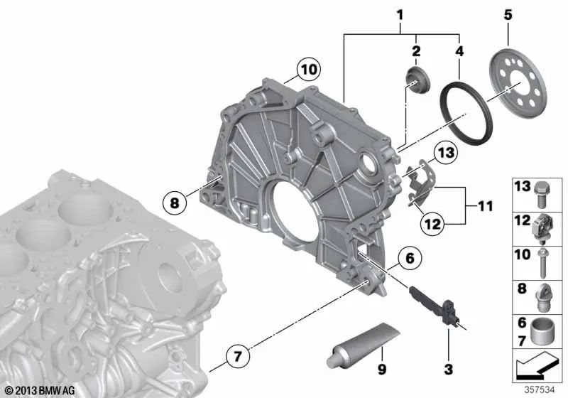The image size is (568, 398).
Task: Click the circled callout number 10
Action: click(x=309, y=69)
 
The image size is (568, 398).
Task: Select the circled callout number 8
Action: click(x=174, y=203)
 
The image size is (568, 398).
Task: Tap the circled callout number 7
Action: click(x=237, y=356)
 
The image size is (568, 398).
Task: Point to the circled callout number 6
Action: click(x=410, y=258)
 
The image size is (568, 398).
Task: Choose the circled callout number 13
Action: click(x=446, y=152)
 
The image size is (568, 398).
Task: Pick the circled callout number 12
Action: click(x=432, y=224)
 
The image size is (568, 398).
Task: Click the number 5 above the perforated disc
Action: click(x=508, y=15)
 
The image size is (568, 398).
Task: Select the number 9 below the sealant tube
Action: click(x=382, y=369)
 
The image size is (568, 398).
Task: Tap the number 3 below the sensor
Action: click(x=449, y=369)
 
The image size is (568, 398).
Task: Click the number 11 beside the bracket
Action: click(x=486, y=206)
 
